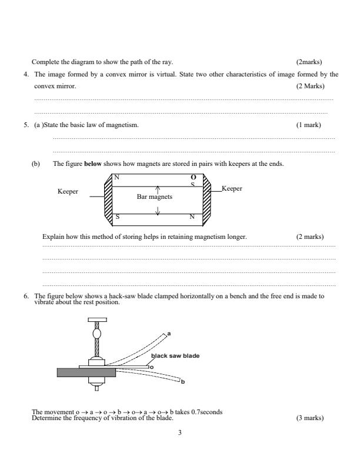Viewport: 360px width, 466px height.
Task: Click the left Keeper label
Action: click(68, 192)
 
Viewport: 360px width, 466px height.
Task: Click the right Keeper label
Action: click(232, 188)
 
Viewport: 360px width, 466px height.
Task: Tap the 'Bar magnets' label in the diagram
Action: click(155, 197)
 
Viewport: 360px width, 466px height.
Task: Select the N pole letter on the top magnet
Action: click(116, 178)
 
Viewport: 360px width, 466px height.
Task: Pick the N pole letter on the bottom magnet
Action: click(192, 217)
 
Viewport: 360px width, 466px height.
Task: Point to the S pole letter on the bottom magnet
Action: click(116, 217)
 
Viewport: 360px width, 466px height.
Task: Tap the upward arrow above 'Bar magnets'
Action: click(158, 189)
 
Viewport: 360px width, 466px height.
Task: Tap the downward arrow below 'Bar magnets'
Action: click(158, 208)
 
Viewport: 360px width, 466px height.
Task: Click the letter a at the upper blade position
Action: click(169, 334)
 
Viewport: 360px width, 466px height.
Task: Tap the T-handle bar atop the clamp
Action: click(97, 320)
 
